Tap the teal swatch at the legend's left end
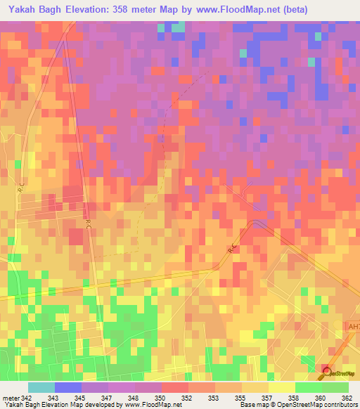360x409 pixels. pyautogui.click(x=41, y=387)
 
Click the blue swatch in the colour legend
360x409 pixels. pyautogui.click(x=67, y=387)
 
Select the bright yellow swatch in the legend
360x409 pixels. pyautogui.click(x=281, y=387)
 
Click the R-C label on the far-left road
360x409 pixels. pyautogui.click(x=21, y=188)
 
